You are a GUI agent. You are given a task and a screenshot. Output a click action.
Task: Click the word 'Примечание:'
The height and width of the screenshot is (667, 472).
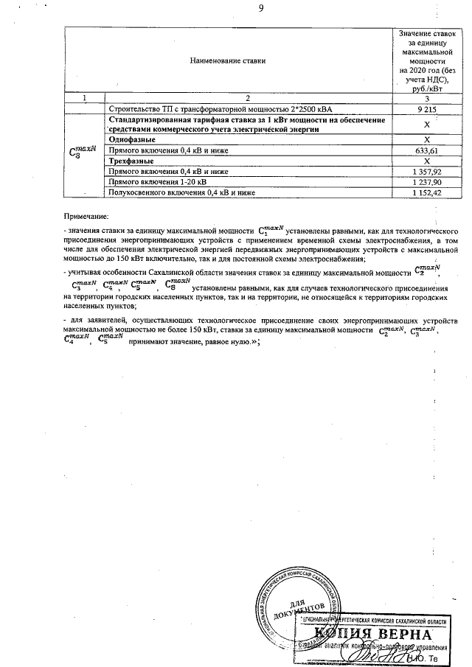pos(86,217)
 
